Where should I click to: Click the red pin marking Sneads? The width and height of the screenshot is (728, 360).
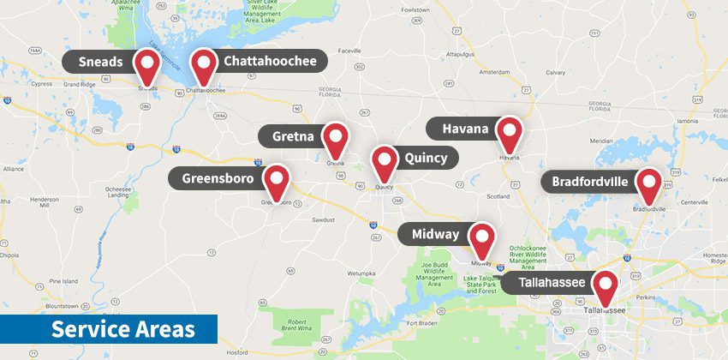coord(148,64)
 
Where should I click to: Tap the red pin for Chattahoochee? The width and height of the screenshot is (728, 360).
coord(204,64)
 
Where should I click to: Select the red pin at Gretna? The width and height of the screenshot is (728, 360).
coord(337,138)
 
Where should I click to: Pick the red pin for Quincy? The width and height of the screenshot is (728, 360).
coord(385,160)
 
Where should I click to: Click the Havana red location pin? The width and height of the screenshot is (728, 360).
coord(510,132)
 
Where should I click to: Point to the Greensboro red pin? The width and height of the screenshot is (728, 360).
coord(277,180)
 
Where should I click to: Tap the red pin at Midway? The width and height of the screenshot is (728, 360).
coord(482,237)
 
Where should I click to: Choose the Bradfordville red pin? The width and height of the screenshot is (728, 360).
coord(648,183)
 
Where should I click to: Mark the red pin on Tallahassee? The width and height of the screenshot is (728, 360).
coord(606,285)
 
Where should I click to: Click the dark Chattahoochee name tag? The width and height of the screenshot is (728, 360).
coord(269,61)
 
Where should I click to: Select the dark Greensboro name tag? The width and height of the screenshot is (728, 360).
coord(218,178)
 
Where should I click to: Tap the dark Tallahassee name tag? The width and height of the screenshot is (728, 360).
coord(545,283)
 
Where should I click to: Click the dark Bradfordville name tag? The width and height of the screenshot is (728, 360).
coord(589,182)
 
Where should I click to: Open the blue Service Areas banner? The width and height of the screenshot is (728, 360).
coord(108,330)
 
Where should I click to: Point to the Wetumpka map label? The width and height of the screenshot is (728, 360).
coord(361,273)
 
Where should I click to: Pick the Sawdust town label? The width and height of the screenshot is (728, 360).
coord(323,220)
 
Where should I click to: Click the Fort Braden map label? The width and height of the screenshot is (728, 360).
coord(422,323)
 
